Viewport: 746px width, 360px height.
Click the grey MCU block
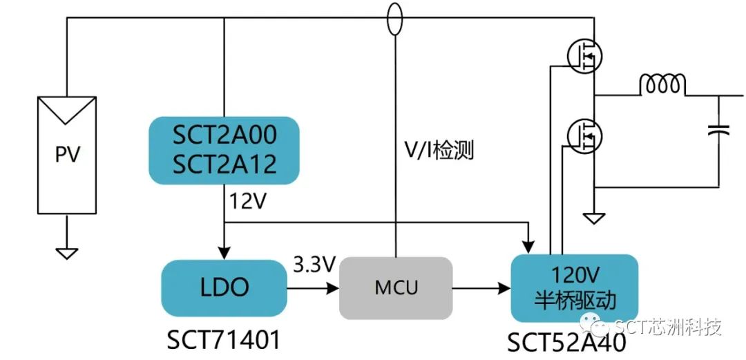[396, 287]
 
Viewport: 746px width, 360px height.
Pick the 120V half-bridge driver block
[574, 287]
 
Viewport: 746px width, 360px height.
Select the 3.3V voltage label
[314, 264]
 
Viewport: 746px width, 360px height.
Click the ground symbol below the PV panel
[66, 252]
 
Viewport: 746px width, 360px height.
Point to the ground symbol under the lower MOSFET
[593, 218]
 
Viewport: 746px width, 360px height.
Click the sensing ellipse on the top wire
[394, 19]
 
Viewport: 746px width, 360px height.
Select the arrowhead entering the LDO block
[225, 251]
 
